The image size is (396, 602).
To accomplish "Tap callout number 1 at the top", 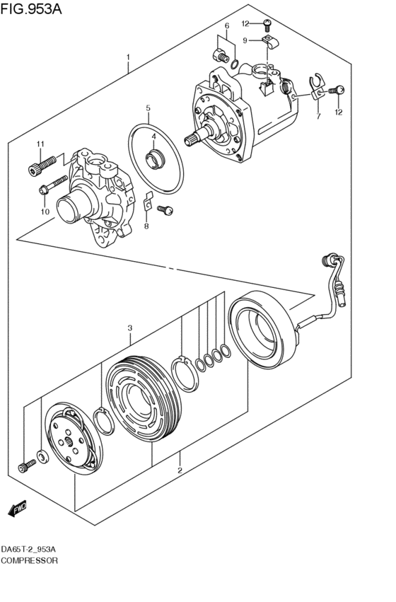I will [128, 57].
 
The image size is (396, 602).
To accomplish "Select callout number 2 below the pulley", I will [180, 470].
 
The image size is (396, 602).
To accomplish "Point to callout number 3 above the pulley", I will [130, 328].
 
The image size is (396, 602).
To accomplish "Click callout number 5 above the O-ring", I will [148, 108].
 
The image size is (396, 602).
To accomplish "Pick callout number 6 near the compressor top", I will [227, 27].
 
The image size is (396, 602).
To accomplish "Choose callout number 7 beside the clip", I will [318, 116].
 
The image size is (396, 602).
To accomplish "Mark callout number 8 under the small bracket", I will [146, 226].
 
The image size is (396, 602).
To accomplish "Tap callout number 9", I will [245, 41].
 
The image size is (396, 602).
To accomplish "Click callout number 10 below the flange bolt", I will [44, 211].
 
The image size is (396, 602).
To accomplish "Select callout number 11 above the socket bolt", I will [40, 144].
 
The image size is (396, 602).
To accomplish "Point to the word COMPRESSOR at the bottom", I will [30, 560].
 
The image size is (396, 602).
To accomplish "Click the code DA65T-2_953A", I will [31, 550].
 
